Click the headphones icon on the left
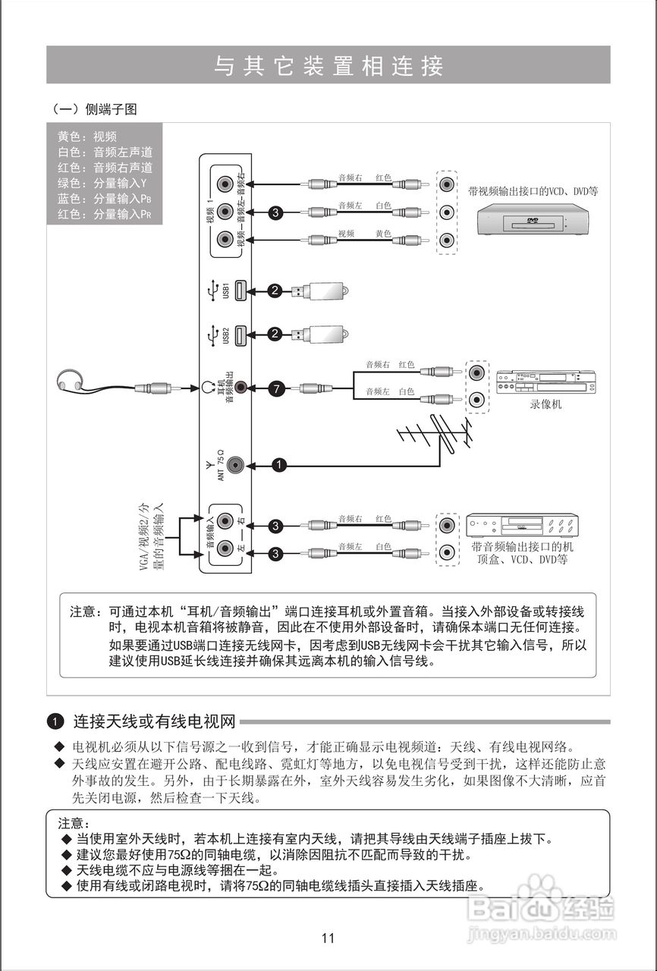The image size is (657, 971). [71, 380]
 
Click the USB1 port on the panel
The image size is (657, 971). [240, 291]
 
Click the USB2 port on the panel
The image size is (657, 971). [240, 334]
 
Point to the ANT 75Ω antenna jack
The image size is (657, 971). [237, 464]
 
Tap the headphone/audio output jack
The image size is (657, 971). [240, 388]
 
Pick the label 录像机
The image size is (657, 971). [545, 405]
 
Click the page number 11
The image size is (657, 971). [328, 938]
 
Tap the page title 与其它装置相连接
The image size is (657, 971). [328, 66]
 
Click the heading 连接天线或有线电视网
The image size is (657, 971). [154, 720]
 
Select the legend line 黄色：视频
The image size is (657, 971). [87, 137]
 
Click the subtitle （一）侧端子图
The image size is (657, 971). [94, 109]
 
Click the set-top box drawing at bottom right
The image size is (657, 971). [522, 526]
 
